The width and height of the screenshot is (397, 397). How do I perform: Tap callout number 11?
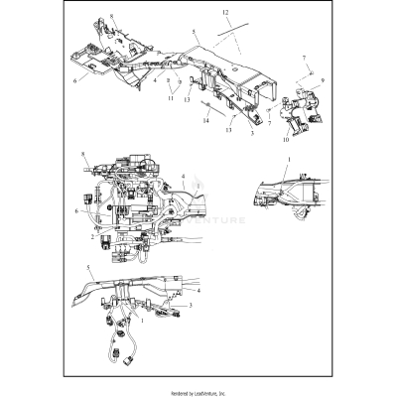click(171, 98)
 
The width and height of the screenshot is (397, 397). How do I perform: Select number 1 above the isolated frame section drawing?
click(289, 159)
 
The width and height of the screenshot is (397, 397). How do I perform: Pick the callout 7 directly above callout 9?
click(305, 60)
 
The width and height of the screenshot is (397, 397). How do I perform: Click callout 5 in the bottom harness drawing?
click(91, 269)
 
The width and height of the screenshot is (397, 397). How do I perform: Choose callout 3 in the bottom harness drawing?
click(191, 308)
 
